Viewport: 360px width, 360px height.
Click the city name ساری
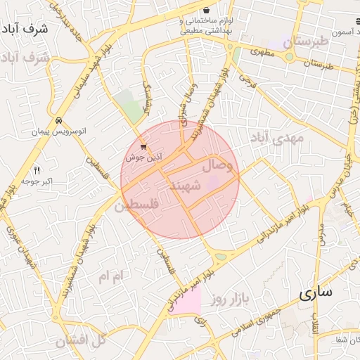[314, 294]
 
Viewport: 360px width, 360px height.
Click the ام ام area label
[110, 276]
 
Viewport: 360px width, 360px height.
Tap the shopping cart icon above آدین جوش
[143, 148]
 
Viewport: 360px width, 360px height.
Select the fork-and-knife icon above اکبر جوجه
[37, 170]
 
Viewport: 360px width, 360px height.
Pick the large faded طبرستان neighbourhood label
[306, 42]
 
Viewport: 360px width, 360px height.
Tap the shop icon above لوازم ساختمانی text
[207, 11]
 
